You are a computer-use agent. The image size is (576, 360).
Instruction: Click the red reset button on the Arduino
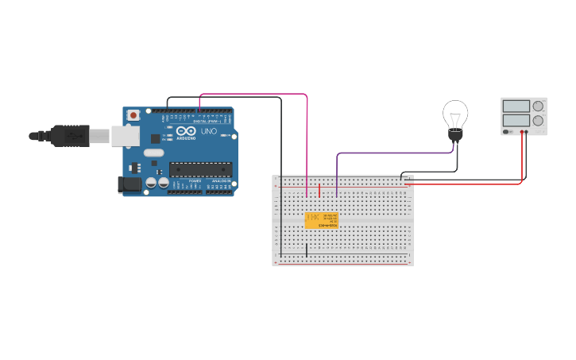(x=133, y=115)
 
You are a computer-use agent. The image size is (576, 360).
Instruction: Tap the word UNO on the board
(x=209, y=131)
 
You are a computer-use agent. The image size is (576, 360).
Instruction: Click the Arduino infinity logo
(x=186, y=131)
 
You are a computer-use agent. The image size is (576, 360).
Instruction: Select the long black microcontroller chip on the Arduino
(x=200, y=168)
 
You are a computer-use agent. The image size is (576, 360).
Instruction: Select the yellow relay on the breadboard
(x=321, y=220)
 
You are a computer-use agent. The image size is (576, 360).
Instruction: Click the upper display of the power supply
(x=516, y=106)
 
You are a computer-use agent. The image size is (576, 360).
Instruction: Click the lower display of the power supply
(x=516, y=121)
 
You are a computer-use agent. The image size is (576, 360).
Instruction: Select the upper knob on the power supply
(x=538, y=106)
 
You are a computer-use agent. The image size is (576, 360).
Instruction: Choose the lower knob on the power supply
(x=538, y=121)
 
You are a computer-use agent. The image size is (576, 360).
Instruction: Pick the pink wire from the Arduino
(x=307, y=135)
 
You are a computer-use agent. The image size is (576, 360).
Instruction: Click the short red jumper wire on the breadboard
(x=320, y=191)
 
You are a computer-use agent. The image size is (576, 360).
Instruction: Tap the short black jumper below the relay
(x=307, y=250)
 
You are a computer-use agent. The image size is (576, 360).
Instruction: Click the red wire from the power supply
(x=522, y=159)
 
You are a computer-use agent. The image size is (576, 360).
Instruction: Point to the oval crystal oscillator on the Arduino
(x=153, y=152)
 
